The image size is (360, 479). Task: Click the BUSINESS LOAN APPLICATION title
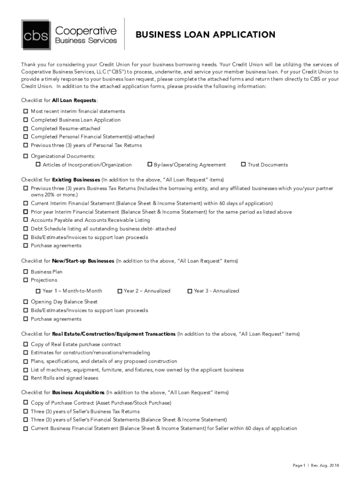click(205, 35)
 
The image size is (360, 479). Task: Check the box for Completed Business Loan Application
click(25, 120)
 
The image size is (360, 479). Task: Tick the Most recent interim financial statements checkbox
click(25, 111)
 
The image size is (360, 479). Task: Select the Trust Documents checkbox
click(243, 165)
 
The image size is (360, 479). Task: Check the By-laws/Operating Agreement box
click(150, 165)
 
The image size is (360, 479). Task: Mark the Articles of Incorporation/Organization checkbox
click(38, 165)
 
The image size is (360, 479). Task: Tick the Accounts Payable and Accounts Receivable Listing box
click(25, 220)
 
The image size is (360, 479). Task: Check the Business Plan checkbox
click(25, 272)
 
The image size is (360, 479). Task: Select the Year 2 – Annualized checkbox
click(120, 291)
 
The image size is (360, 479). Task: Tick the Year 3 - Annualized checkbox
click(189, 291)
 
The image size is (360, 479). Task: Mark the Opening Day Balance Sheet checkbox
click(25, 302)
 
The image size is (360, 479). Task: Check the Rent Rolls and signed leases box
click(25, 378)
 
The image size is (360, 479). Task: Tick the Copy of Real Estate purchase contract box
click(25, 344)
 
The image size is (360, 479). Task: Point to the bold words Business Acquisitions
click(78, 392)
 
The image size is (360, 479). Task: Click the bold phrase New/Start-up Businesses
click(83, 261)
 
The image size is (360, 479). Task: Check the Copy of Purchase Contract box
click(25, 403)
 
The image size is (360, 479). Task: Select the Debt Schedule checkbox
click(25, 229)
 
